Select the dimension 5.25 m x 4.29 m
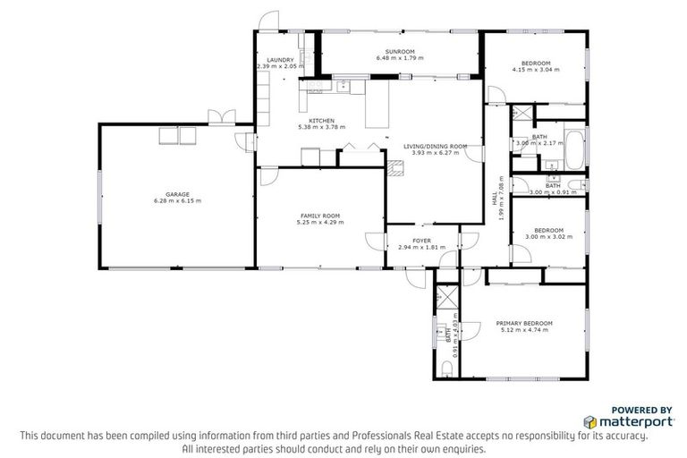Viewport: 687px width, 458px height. pos(321,222)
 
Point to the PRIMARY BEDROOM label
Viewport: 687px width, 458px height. pos(525,323)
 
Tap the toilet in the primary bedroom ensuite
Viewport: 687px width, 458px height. pos(445,369)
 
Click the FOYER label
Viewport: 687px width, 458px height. pos(421,241)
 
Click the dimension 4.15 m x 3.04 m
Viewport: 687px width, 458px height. pos(536,69)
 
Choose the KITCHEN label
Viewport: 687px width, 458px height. pos(321,120)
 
